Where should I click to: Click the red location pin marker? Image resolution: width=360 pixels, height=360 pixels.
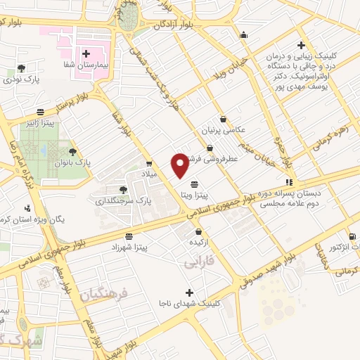tap(180, 165)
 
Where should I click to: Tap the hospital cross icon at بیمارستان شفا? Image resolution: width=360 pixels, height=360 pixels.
tap(86, 53)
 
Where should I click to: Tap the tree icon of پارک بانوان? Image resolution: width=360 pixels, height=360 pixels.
tap(72, 150)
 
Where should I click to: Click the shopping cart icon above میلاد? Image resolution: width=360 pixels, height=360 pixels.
tap(148, 163)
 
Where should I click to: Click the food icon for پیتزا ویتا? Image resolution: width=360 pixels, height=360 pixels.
tap(194, 185)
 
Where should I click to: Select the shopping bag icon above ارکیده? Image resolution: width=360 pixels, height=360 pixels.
tap(199, 231)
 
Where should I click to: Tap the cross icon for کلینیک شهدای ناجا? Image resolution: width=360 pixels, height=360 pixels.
tap(189, 292)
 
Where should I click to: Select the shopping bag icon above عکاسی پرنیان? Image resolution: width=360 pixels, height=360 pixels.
tap(223, 119)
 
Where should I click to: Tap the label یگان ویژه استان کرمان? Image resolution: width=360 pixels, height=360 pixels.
tap(35, 219)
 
